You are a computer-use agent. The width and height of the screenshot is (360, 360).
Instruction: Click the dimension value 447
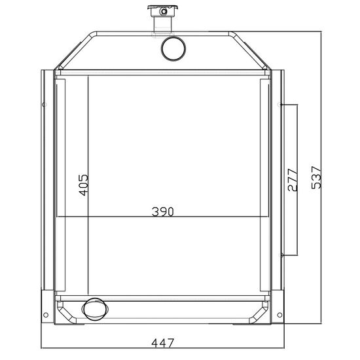click(162, 343)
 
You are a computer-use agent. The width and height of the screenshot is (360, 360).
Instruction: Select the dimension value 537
click(316, 177)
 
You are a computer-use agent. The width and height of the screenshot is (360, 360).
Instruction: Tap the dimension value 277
click(293, 180)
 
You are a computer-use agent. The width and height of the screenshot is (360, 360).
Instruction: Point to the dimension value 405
click(83, 185)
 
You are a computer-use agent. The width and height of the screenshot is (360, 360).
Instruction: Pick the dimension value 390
click(163, 211)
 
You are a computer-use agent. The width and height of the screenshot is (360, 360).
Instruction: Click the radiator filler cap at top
click(163, 10)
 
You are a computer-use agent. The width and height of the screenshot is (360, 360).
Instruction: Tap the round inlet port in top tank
click(173, 48)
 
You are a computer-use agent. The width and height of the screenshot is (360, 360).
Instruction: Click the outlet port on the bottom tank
click(96, 309)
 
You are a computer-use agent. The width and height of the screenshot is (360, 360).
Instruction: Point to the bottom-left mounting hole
click(46, 315)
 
